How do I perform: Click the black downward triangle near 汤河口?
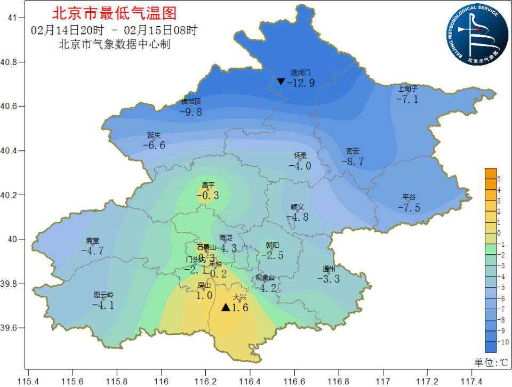(281, 82)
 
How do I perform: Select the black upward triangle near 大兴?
(226, 308)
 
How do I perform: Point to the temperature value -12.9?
(301, 83)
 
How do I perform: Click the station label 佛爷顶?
(191, 101)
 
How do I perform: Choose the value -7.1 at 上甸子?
(407, 99)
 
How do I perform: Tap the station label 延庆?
(154, 135)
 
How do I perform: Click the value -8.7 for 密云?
(353, 162)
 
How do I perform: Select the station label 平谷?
(409, 197)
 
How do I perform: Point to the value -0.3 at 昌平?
(208, 196)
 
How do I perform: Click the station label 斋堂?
(92, 241)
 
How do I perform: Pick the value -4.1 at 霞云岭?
(103, 305)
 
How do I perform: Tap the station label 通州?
(329, 269)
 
